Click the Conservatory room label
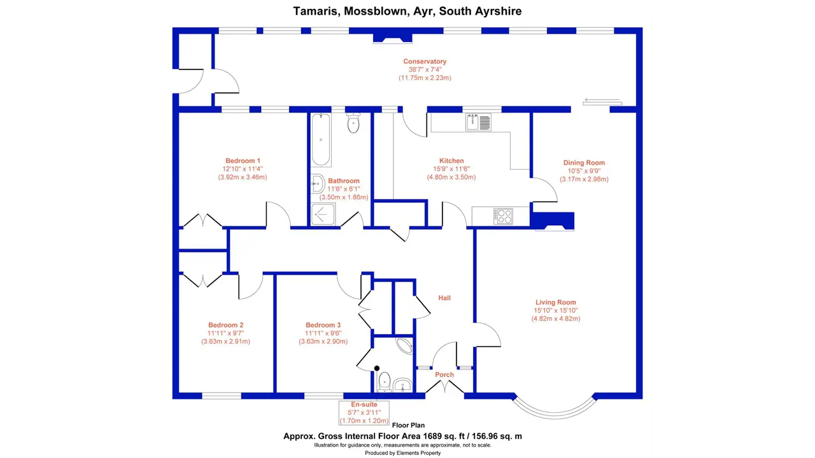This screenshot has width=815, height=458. click(x=425, y=62)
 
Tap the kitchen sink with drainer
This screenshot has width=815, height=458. click(x=478, y=122)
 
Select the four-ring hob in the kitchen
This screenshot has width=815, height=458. click(x=503, y=216)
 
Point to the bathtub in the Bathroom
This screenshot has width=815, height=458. click(x=321, y=139)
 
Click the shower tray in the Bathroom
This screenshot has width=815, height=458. click(x=323, y=214)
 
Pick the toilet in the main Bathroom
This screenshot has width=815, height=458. click(x=353, y=123)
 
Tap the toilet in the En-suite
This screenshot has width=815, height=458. click(x=384, y=382)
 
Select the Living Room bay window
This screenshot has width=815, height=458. click(x=555, y=412)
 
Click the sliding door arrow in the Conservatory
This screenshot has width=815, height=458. click(x=602, y=100)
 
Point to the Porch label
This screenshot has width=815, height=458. click(x=444, y=375)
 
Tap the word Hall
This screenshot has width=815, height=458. click(x=444, y=298)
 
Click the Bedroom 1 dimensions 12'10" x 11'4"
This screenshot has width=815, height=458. click(x=243, y=169)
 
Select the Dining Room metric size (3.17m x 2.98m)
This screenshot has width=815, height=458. click(x=584, y=179)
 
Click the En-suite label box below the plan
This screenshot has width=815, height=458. click(x=364, y=413)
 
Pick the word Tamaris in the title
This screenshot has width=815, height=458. click(x=316, y=11)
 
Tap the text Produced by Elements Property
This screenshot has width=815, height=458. click(x=403, y=453)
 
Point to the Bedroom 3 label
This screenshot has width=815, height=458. click(x=323, y=325)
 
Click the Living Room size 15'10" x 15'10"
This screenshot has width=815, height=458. click(x=556, y=310)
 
